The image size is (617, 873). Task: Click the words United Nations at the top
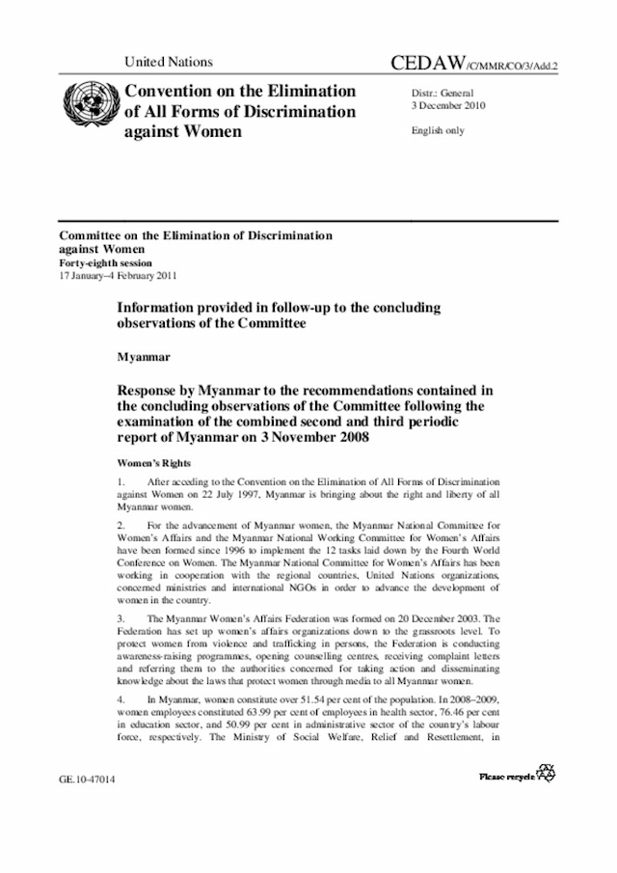(x=168, y=62)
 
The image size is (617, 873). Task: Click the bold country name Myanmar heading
(x=144, y=357)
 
